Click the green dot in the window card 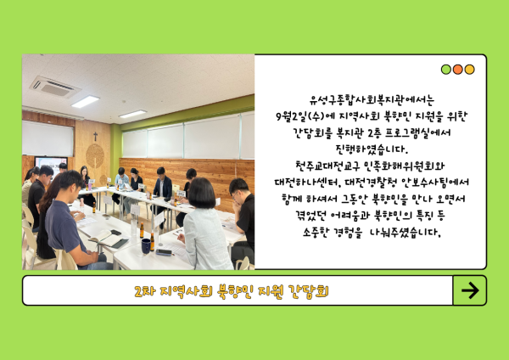click(x=446, y=70)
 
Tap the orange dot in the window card click(x=458, y=70)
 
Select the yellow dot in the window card click(x=469, y=70)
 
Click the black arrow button click(x=470, y=290)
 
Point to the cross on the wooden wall click(x=95, y=136)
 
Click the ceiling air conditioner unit click(x=54, y=87)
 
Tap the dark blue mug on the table click(x=146, y=246)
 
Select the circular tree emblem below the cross click(x=95, y=156)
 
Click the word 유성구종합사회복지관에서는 click(x=372, y=99)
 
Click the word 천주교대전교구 click(x=327, y=166)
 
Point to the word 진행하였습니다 click(x=372, y=149)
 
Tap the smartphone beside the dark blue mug click(x=164, y=252)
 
